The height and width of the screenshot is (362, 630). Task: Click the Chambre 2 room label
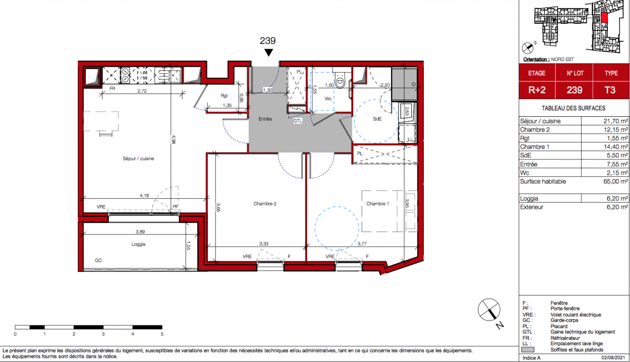265,204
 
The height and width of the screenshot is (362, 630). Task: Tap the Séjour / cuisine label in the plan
139,158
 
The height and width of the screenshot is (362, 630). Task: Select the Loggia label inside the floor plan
139,244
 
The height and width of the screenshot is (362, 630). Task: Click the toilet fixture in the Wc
340,81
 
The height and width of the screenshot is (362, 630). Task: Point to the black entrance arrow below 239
269,52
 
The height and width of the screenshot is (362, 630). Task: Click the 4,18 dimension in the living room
144,195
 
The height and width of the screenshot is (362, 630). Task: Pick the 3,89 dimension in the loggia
140,232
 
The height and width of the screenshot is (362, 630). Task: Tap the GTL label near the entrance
298,121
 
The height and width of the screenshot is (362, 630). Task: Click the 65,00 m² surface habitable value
616,181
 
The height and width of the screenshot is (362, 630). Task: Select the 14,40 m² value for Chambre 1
616,147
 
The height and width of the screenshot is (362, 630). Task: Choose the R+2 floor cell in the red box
537,90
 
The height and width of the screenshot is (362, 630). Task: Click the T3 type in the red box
610,90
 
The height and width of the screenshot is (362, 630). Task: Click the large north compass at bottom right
489,310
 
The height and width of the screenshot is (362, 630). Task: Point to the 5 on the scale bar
162,334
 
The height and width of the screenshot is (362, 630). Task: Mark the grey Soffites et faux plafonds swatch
528,350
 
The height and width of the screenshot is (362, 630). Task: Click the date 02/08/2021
613,358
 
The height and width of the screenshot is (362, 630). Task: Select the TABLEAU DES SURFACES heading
573,108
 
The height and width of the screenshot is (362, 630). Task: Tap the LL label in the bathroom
410,139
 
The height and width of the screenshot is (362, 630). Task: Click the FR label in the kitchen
112,89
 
